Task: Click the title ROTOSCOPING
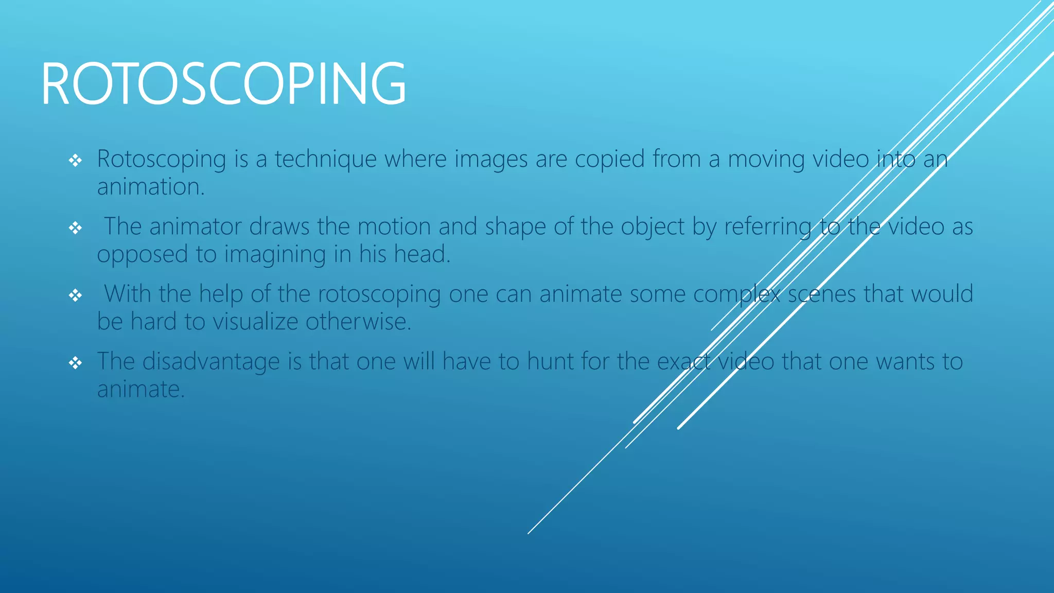(x=223, y=83)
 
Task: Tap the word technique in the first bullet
(x=325, y=159)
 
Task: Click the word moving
(x=766, y=159)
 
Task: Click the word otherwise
(x=358, y=322)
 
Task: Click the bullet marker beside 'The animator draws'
(x=76, y=228)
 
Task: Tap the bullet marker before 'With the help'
(x=76, y=295)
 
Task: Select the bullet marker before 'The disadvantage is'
(x=76, y=363)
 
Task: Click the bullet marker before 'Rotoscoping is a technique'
(x=76, y=161)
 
